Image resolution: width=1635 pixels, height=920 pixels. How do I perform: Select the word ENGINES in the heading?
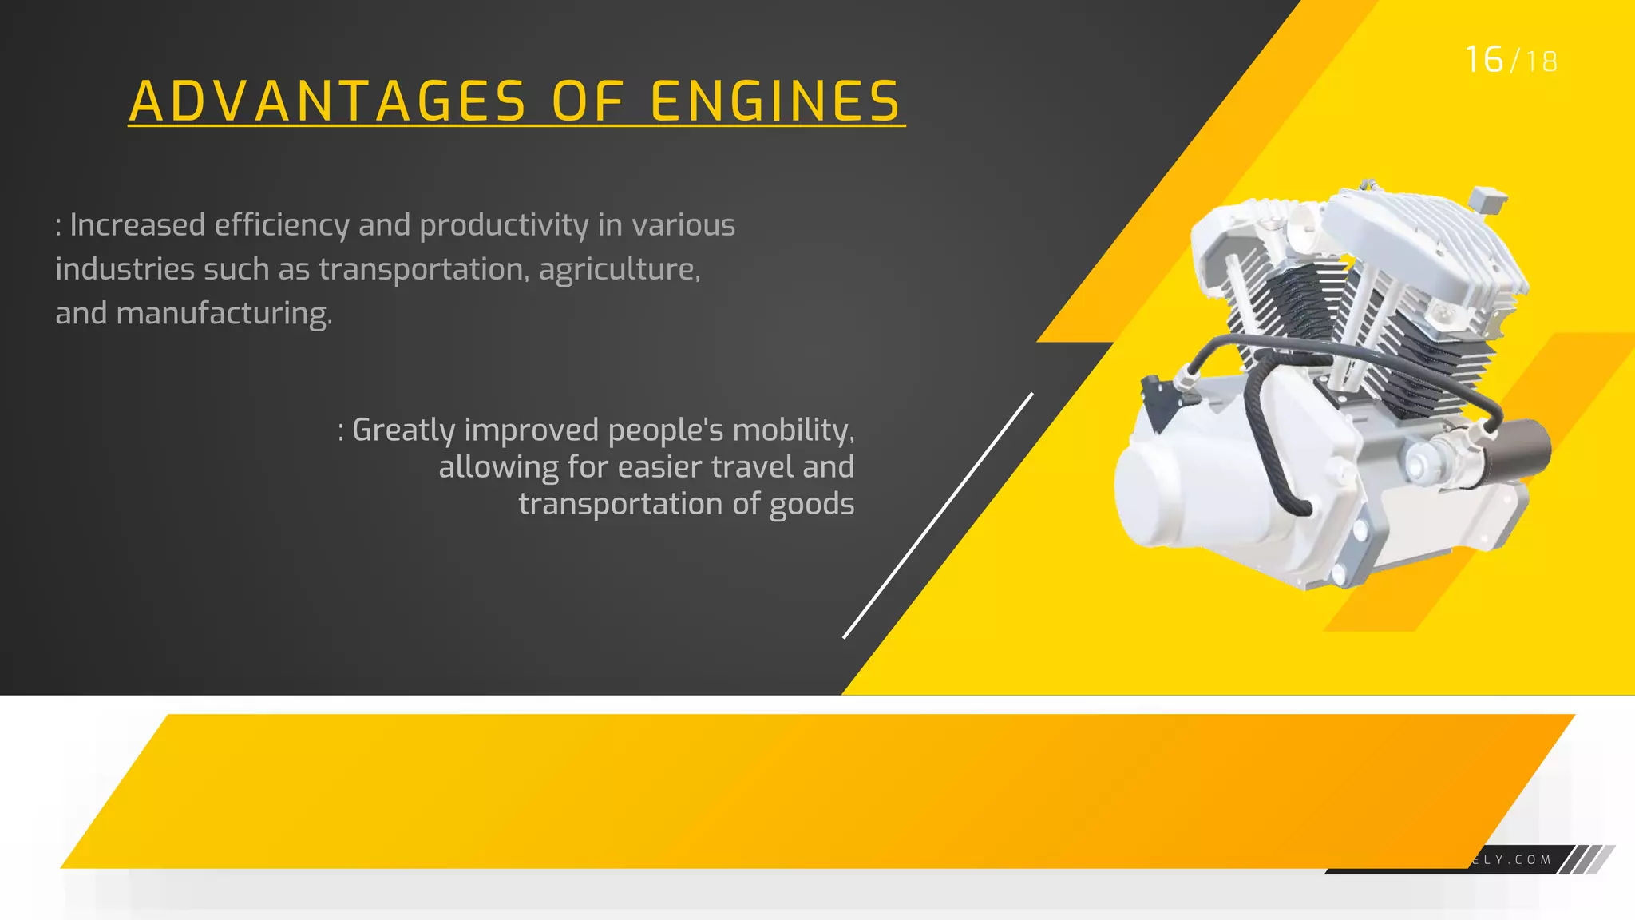(775, 101)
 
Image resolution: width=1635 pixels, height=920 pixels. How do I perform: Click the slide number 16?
(1484, 60)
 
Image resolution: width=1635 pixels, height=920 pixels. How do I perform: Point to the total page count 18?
(1541, 62)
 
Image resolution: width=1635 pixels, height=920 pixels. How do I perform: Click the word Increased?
(137, 225)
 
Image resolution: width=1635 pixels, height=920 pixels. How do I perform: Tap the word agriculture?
(619, 270)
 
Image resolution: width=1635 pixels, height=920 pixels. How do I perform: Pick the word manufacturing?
(224, 314)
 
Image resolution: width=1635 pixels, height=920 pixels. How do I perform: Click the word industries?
(124, 269)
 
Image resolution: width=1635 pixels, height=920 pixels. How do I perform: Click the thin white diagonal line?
(938, 516)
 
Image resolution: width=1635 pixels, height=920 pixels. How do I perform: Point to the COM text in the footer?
(1533, 860)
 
